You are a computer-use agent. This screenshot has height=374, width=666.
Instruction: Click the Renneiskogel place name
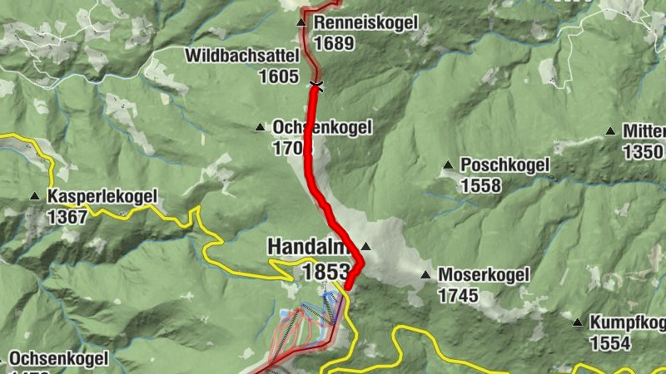tap(365, 23)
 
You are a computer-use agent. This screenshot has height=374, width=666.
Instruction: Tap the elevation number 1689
tap(334, 42)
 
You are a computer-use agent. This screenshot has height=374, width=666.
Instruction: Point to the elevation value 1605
tap(278, 76)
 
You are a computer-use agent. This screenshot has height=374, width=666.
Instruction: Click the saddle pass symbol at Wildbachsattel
tap(316, 85)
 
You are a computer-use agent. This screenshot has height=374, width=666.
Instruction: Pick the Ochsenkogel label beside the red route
tap(321, 128)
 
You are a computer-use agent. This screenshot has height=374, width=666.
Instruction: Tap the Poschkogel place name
tap(504, 165)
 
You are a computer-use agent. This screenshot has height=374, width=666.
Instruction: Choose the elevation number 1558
tap(481, 185)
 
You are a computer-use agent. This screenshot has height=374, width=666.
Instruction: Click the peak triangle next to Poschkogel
tap(449, 165)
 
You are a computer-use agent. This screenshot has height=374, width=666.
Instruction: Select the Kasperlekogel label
tap(102, 198)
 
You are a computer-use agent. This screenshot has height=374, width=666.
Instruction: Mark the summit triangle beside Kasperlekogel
tap(35, 197)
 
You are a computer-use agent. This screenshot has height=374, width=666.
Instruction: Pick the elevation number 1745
tap(459, 295)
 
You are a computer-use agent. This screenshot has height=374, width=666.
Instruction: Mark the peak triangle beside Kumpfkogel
tap(578, 322)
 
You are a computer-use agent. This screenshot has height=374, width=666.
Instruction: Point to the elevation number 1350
tap(644, 152)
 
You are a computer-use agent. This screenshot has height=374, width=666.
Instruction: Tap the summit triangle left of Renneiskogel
tap(301, 23)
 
